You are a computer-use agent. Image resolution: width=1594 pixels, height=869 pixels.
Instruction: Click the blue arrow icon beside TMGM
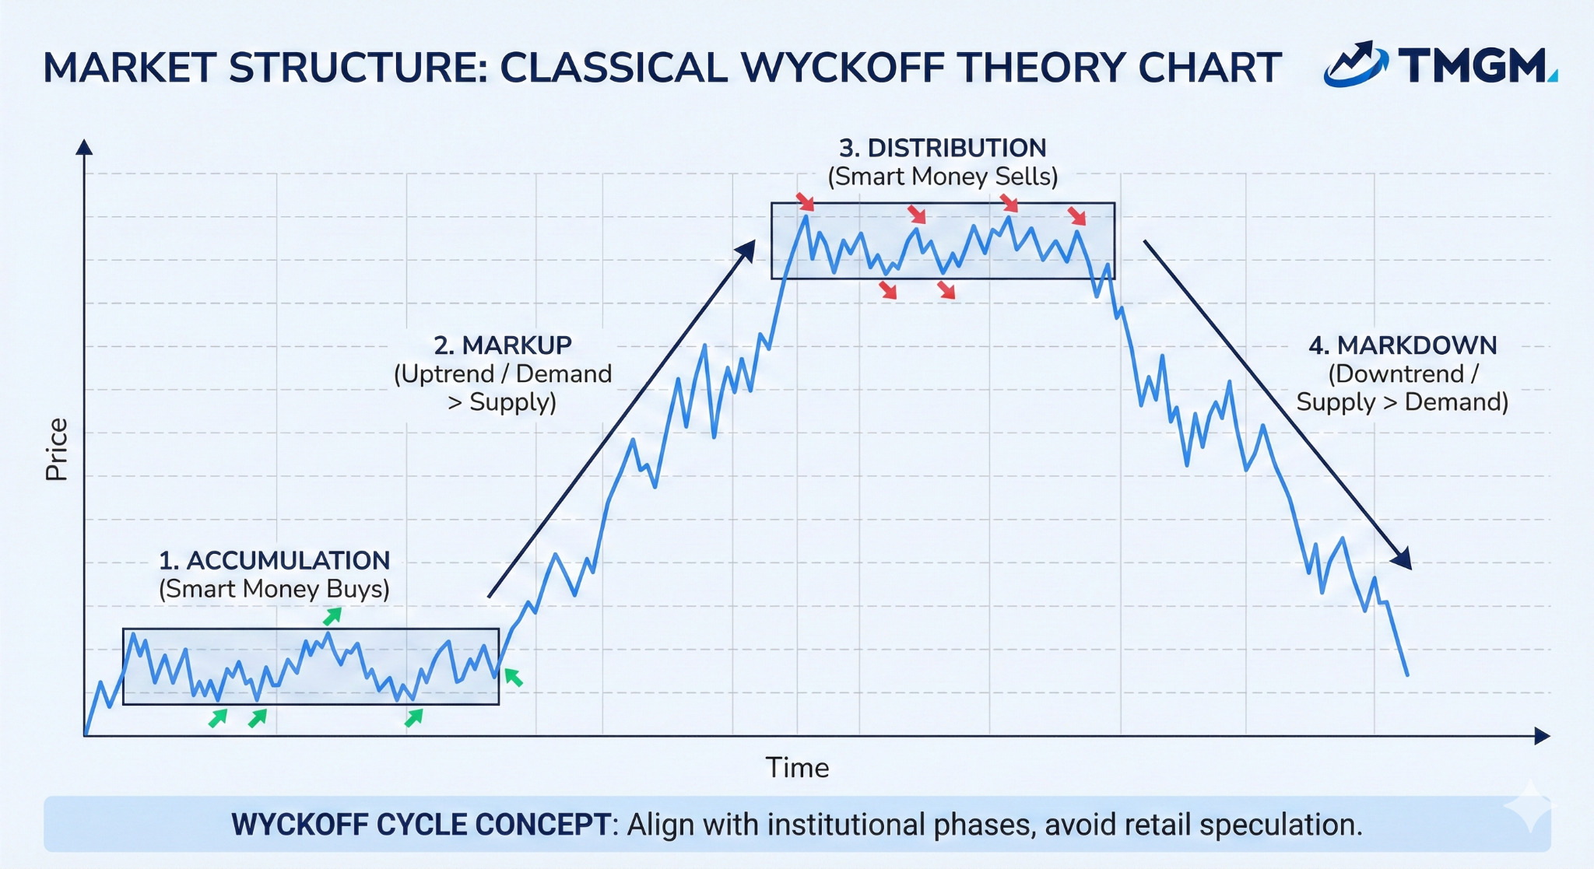1355,64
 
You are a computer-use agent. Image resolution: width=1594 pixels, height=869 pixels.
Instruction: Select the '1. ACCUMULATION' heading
274,560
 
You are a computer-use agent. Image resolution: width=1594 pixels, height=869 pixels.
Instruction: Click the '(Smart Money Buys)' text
274,589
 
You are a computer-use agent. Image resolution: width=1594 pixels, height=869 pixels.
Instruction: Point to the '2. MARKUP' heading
503,345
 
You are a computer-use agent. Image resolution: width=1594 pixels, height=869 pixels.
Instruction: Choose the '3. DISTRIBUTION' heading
943,148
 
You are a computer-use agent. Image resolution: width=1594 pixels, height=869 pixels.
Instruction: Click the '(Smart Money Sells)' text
943,177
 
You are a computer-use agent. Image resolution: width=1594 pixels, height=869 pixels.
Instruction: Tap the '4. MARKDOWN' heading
1403,345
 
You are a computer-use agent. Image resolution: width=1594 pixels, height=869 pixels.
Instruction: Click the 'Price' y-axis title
57,450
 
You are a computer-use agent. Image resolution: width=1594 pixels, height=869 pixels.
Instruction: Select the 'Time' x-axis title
797,768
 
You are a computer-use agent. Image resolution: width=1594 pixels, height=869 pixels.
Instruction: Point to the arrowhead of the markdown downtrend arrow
1403,560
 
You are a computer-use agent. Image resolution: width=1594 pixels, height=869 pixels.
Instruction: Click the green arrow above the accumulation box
332,617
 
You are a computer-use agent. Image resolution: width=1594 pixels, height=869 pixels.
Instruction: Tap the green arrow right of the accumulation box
513,677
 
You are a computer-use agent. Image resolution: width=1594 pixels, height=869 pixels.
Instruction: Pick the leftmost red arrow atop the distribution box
806,202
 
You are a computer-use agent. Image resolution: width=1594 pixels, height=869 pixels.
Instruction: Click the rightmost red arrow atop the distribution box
1076,215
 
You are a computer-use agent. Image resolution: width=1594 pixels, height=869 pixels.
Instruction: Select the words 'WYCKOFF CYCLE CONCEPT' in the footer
421,825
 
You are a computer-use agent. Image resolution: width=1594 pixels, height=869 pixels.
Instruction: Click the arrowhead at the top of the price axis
84,147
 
